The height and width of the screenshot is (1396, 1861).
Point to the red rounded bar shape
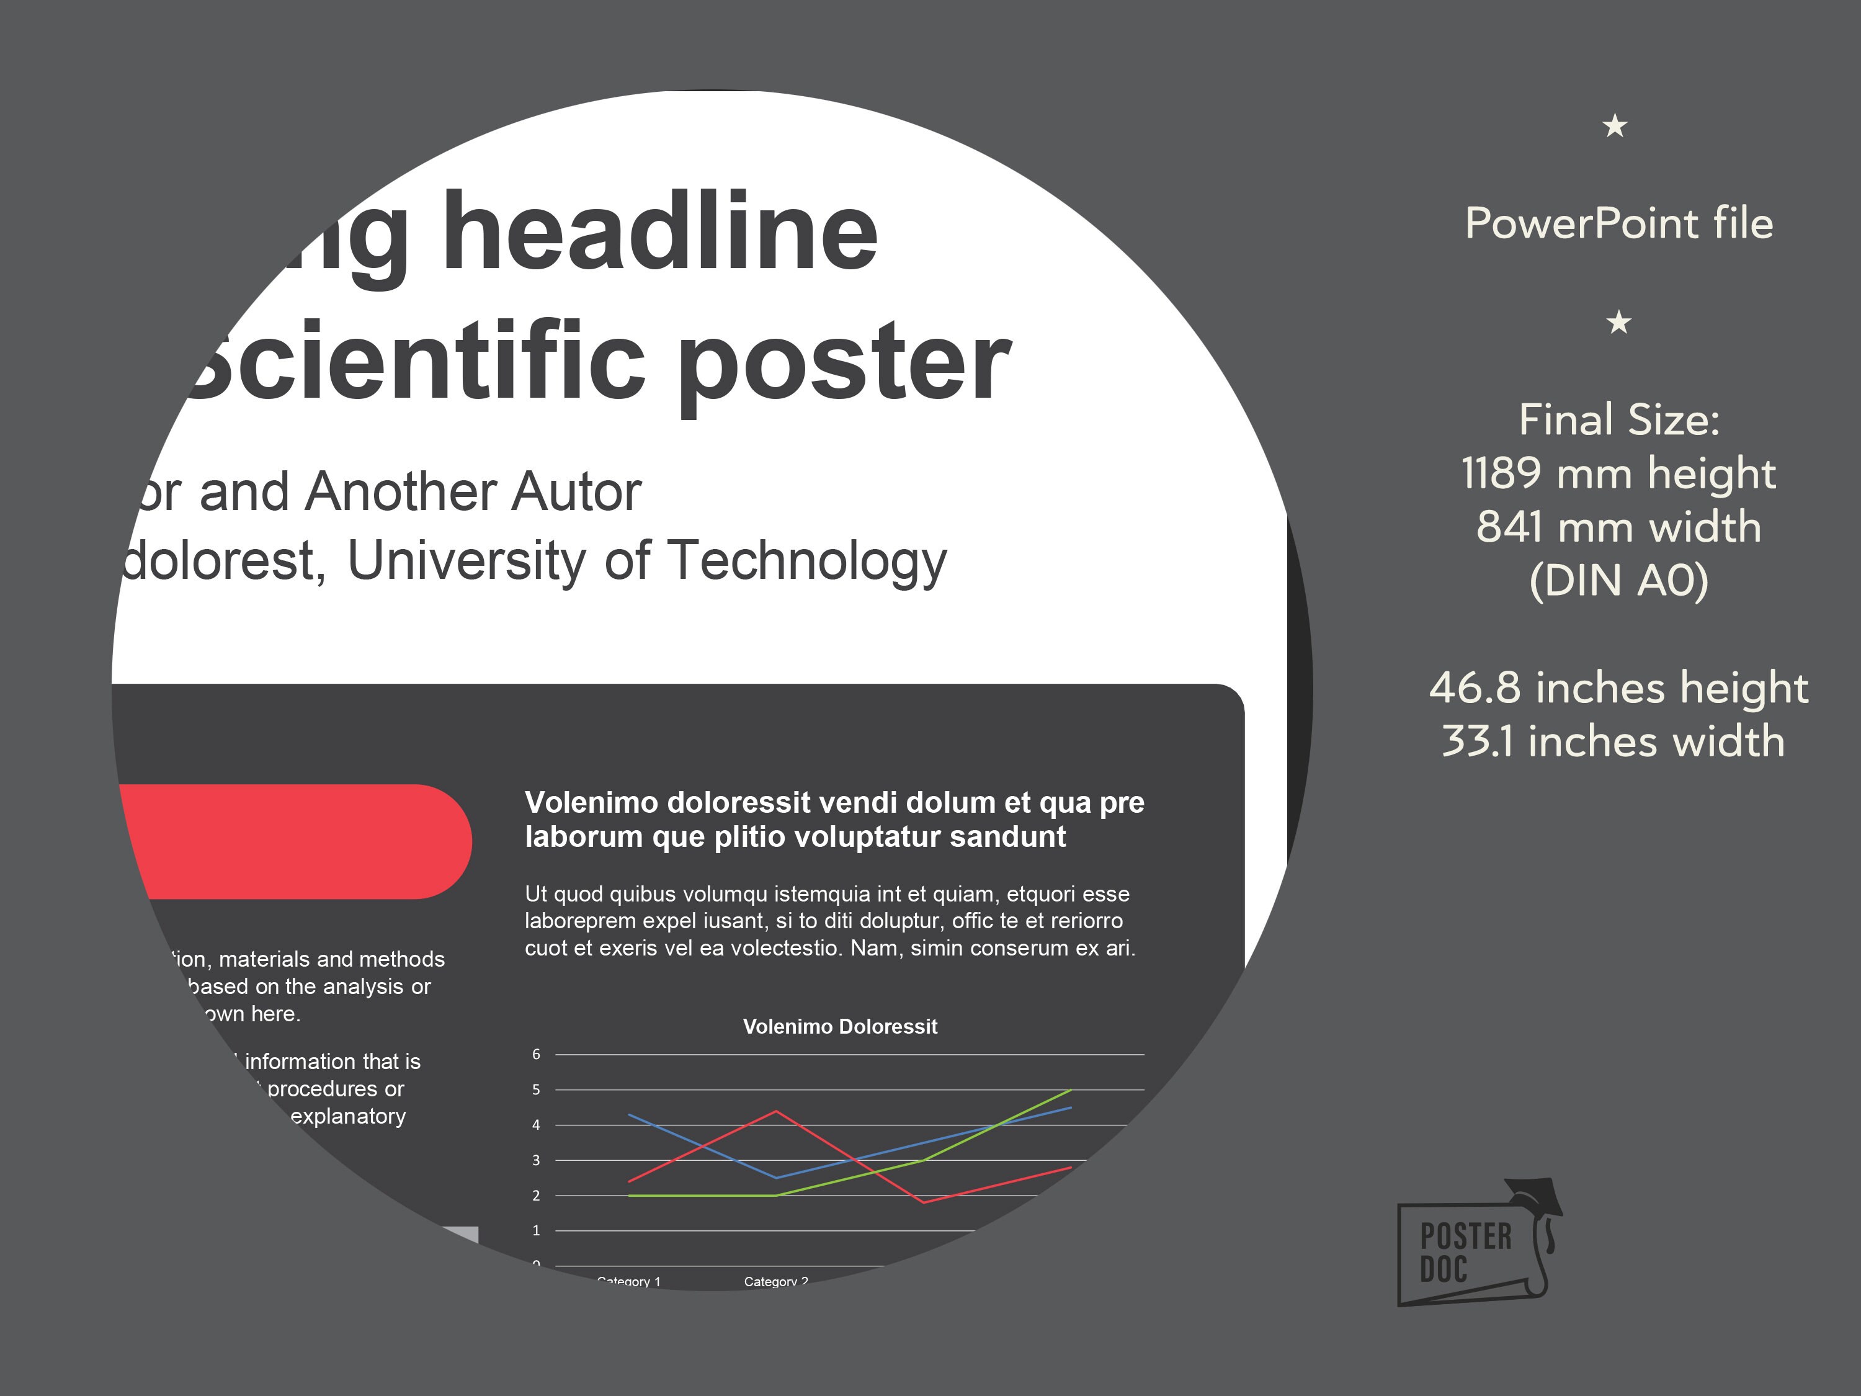tap(295, 841)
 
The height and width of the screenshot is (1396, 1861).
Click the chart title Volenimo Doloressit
tap(840, 1027)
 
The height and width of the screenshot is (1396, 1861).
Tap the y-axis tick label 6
tap(536, 1054)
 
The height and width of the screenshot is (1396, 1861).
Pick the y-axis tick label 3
tap(536, 1160)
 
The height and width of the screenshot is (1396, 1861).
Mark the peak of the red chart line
tap(775, 1112)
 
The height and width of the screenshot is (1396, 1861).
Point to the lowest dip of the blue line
tap(775, 1177)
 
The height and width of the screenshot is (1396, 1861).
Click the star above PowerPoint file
tap(1615, 126)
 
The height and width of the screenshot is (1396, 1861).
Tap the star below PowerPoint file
tap(1618, 322)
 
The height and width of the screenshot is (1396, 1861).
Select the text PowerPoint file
tap(1618, 224)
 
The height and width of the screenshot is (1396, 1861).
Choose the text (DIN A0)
tap(1618, 581)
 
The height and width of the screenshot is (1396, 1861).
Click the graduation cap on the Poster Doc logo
tap(1533, 1196)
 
